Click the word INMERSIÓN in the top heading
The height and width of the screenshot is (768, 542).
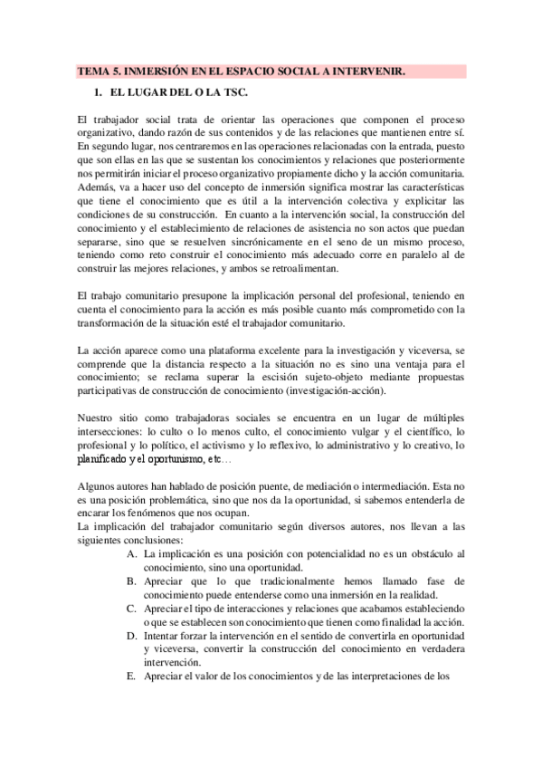pos(157,71)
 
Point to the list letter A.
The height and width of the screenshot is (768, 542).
pos(132,552)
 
